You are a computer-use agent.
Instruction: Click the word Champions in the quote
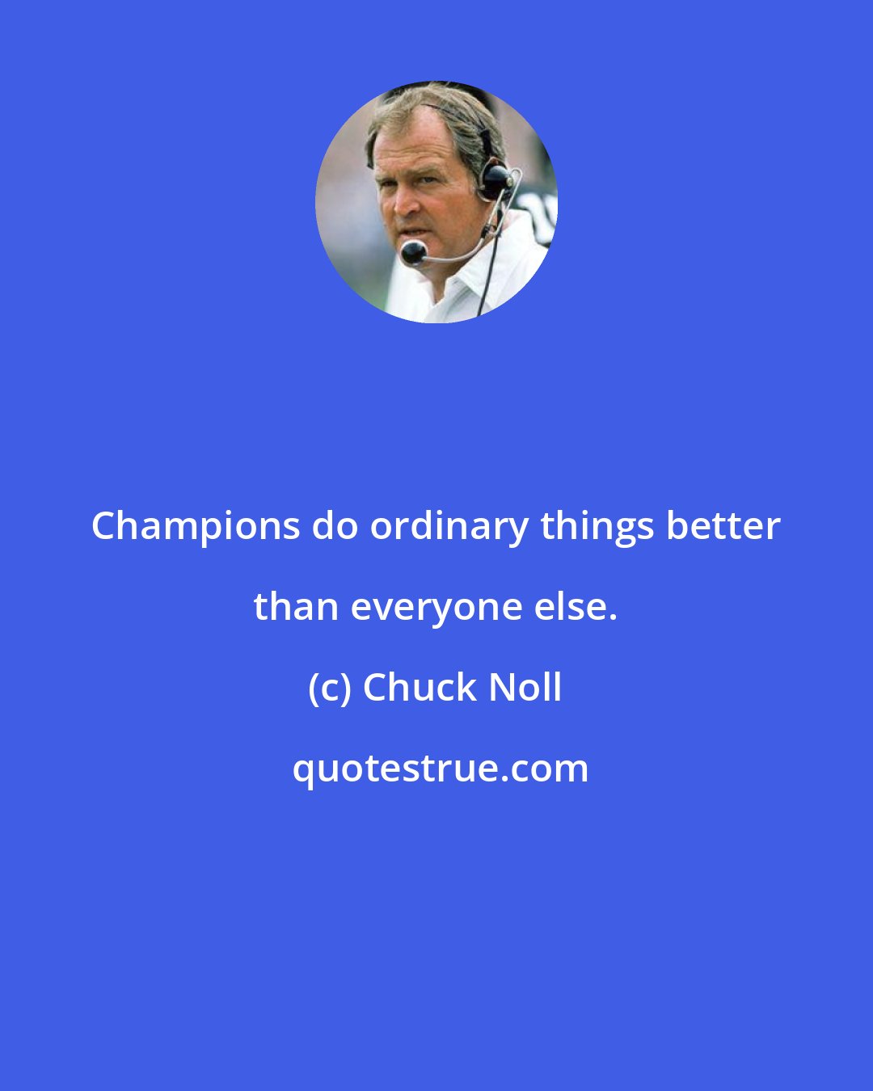196,527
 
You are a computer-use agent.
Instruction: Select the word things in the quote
597,527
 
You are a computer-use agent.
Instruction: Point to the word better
723,527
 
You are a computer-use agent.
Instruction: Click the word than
295,607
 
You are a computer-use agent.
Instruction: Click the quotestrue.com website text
440,769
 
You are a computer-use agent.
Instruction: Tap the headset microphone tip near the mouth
413,252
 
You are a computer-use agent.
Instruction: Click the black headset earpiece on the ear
495,179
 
